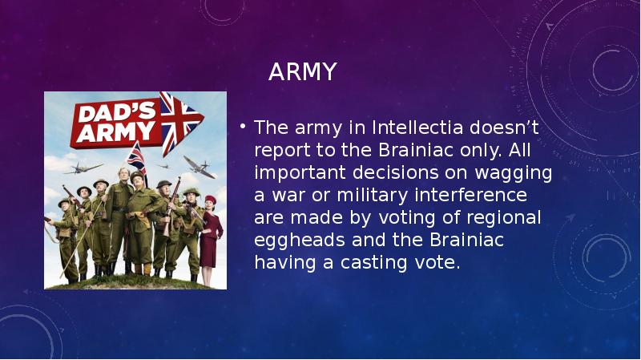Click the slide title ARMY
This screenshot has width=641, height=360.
[302, 73]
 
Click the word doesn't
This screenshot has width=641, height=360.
[500, 127]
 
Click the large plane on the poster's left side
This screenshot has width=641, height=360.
[83, 168]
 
